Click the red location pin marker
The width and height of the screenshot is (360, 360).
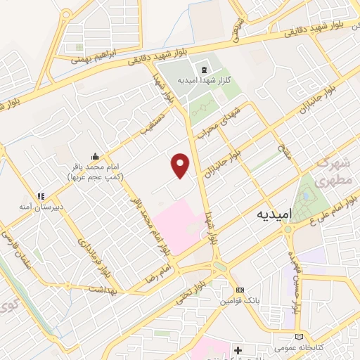point(181,166)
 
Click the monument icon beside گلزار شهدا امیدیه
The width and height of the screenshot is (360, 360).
point(205,70)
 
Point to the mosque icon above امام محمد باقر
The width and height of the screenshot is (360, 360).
point(95,156)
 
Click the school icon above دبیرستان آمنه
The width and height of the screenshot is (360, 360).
point(41,196)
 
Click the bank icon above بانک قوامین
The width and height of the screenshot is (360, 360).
point(240,290)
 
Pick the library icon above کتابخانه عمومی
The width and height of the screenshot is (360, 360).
point(302,337)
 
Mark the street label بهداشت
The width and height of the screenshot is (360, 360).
point(108,290)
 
